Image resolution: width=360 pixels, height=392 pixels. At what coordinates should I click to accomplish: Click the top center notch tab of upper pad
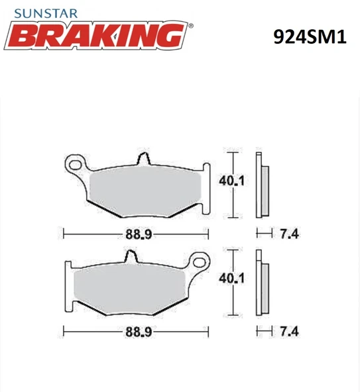coord(141,160)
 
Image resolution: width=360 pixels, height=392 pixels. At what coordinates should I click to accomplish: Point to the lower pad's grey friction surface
coord(133,285)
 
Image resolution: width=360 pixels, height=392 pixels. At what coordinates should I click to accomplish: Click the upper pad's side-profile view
coord(261,185)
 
